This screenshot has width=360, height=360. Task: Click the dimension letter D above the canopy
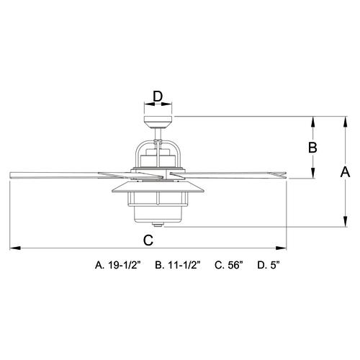click(158, 96)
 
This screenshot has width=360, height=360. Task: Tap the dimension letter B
click(312, 148)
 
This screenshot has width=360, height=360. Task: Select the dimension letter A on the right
click(345, 172)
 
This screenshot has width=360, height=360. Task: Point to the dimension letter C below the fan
click(148, 240)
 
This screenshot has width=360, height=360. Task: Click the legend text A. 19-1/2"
click(117, 265)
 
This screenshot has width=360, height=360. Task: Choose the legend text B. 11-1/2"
click(177, 265)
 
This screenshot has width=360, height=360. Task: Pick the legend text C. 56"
click(229, 265)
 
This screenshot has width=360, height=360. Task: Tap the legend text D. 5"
click(269, 265)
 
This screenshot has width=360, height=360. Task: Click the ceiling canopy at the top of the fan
click(158, 122)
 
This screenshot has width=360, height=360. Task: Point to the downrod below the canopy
click(158, 134)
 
